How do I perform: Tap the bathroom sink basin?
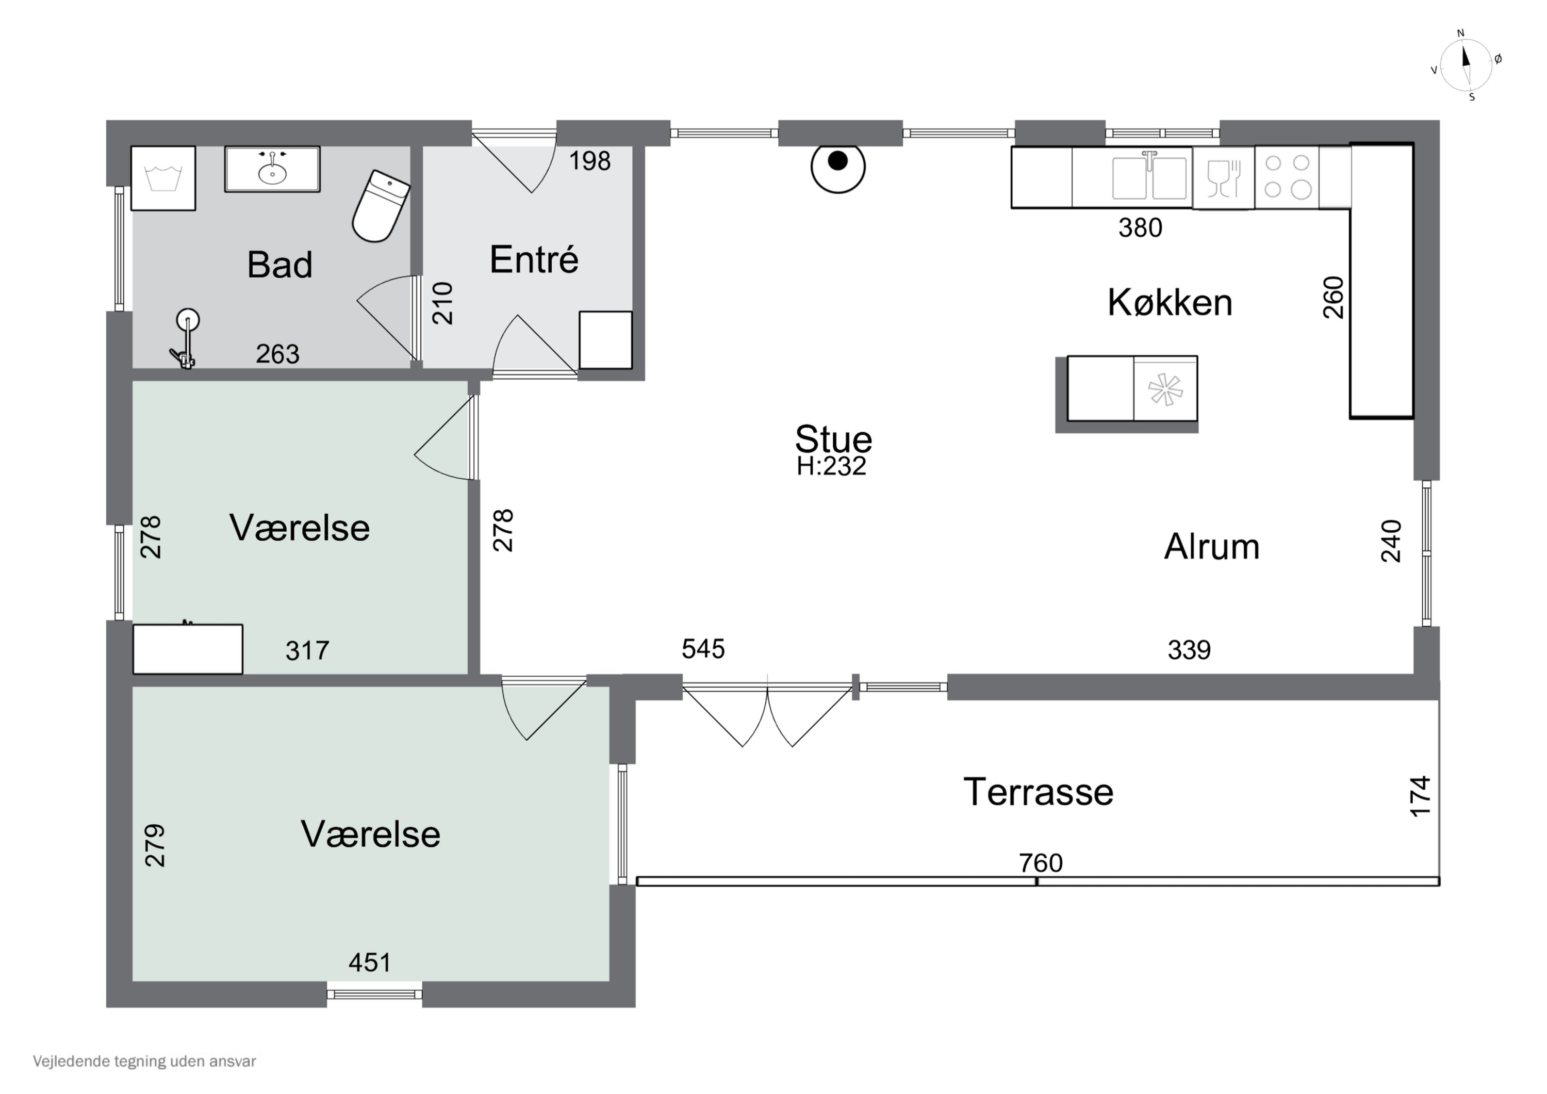tap(272, 169)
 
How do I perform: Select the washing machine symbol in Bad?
tap(163, 178)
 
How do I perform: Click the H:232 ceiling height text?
tap(831, 466)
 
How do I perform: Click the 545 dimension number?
tap(703, 649)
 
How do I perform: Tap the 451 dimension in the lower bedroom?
tap(370, 962)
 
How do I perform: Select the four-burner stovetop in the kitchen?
tap(1287, 177)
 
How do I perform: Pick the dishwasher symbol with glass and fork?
tap(1224, 178)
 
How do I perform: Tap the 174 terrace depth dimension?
tap(1420, 796)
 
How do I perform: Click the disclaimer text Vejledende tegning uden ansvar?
tap(144, 1062)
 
